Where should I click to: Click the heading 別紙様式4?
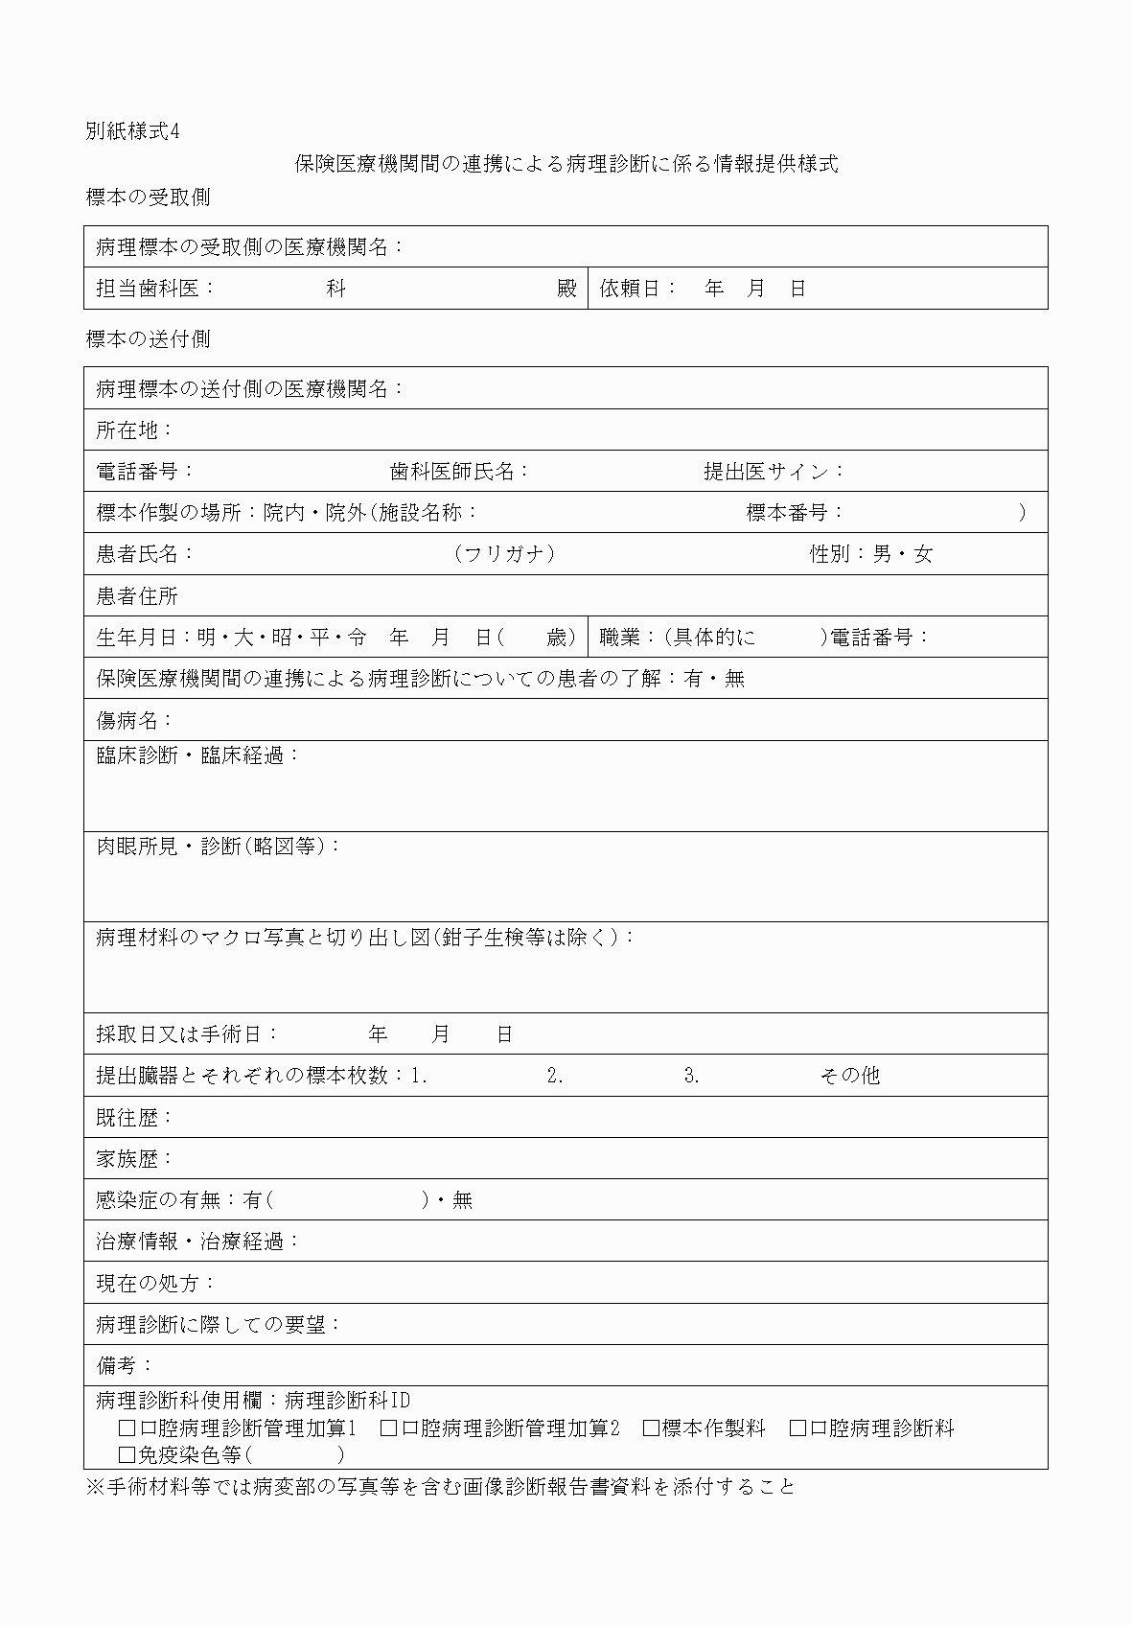click(x=132, y=132)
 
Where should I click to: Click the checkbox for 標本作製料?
click(x=651, y=1428)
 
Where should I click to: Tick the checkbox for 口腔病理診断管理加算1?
click(x=127, y=1428)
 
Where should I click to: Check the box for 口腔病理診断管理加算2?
click(x=388, y=1428)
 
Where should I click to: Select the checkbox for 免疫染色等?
click(x=127, y=1455)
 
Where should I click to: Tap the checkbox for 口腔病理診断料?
click(x=797, y=1428)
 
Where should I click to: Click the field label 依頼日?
click(x=633, y=289)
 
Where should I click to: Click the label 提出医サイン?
click(x=768, y=472)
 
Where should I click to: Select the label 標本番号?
click(x=788, y=513)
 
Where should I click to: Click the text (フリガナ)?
click(x=504, y=554)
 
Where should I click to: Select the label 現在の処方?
click(x=150, y=1283)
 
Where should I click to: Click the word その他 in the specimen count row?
click(x=849, y=1076)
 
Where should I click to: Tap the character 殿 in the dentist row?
click(x=567, y=289)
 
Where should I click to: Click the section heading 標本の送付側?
click(x=148, y=339)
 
